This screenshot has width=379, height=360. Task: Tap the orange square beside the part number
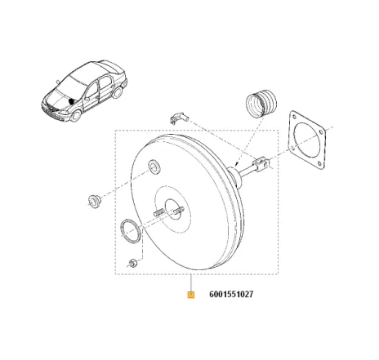click(190, 296)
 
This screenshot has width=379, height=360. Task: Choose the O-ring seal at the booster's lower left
click(129, 231)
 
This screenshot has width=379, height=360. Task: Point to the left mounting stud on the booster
click(156, 214)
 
